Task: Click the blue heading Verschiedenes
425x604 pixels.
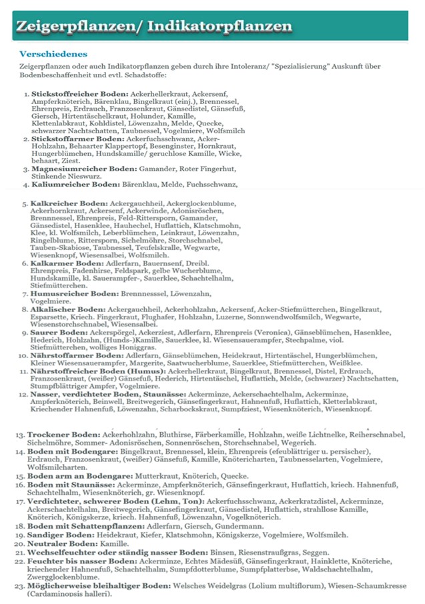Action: [53, 53]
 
